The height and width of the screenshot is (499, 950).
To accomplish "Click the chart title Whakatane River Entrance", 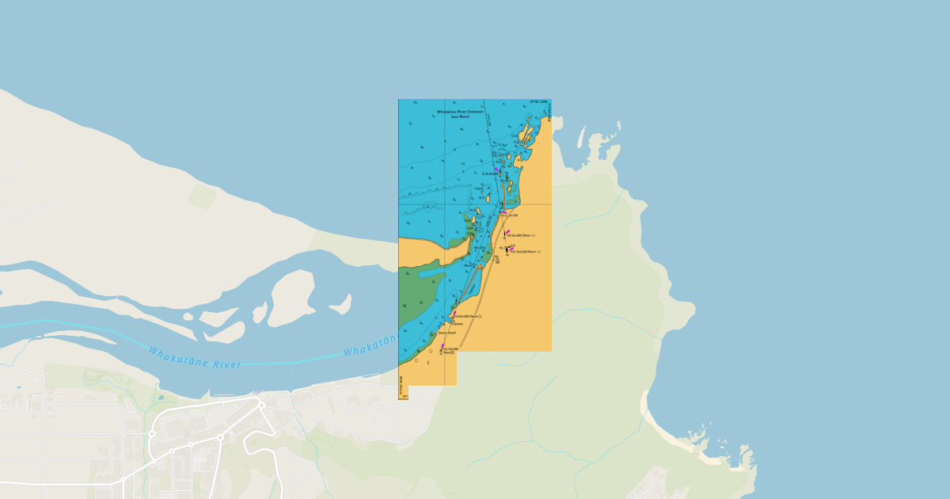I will point(460,112).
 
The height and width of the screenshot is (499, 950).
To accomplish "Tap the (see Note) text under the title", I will point(460,116).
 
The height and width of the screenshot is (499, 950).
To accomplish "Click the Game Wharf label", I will point(447,333).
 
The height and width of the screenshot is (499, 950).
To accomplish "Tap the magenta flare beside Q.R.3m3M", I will point(496,170).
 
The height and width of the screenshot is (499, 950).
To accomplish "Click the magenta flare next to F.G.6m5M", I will point(454,313).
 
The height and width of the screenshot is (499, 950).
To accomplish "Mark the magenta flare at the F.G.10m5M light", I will point(443,346).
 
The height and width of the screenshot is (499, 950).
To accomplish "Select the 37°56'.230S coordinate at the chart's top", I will point(539,101).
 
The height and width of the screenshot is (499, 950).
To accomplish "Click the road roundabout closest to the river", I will point(260,404).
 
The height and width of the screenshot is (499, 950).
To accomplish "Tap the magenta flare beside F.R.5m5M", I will point(507,232).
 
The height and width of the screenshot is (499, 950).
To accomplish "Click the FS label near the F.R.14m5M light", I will point(502,248).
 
